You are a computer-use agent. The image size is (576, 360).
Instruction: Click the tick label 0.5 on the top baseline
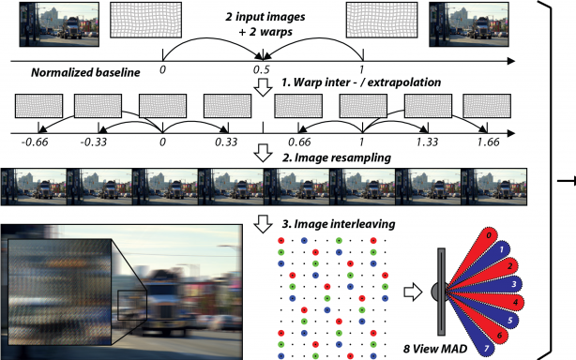(262, 70)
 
